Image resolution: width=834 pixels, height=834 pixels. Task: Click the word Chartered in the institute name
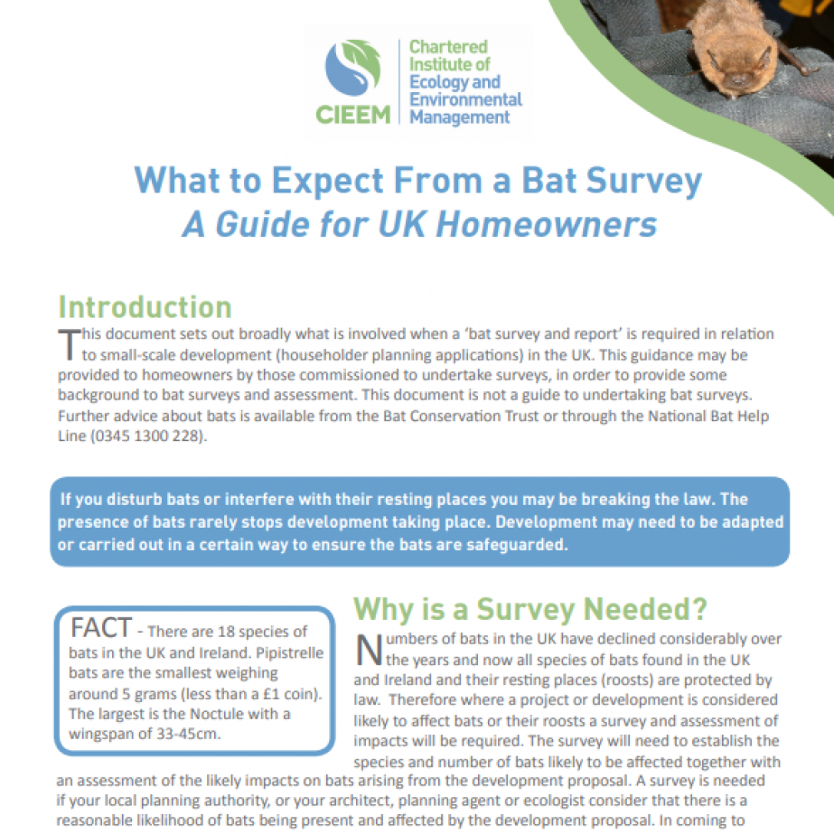[448, 46]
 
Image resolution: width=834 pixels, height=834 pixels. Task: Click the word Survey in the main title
[642, 181]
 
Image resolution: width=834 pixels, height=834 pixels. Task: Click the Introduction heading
[145, 306]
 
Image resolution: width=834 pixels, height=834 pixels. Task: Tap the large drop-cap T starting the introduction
[68, 344]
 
